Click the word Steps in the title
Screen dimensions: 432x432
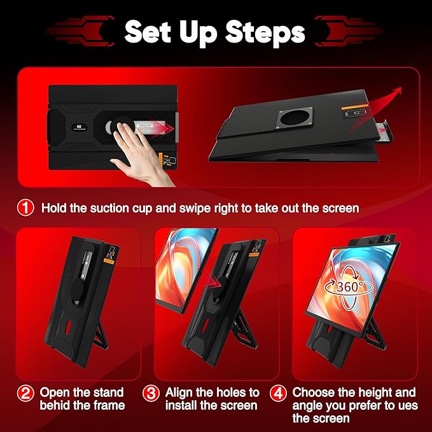point(266,31)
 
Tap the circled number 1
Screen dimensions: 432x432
point(25,207)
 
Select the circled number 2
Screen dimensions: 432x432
point(25,393)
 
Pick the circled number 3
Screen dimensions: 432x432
point(151,393)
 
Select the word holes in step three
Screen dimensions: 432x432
point(228,393)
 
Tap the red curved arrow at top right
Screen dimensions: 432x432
point(383,99)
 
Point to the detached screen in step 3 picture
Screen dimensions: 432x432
point(185,266)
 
